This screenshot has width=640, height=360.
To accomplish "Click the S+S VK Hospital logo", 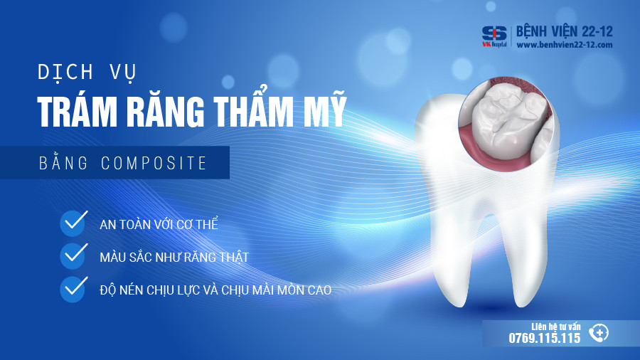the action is point(494,36).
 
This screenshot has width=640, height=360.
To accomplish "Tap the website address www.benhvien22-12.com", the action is point(565,45).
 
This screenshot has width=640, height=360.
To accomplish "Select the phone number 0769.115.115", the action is point(545,338).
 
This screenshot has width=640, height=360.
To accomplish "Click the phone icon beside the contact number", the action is point(599,333).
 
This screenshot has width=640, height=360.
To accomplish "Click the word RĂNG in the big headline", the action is point(166,112).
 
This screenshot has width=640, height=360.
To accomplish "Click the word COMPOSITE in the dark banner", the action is point(154,163).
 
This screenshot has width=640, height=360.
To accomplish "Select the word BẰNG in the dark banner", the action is point(63,162).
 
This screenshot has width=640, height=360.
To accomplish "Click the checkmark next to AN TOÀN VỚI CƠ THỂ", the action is point(73,223).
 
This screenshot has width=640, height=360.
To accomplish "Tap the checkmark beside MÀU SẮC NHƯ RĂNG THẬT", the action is point(73,255).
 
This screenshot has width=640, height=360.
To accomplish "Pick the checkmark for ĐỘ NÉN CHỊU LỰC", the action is point(73,289).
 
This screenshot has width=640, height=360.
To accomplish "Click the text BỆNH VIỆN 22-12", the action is point(565,31).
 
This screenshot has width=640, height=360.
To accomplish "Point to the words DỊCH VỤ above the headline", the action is point(87,73).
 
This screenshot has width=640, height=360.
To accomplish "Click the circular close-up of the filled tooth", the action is point(507,123).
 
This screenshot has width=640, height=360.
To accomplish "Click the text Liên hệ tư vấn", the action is point(556,327).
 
